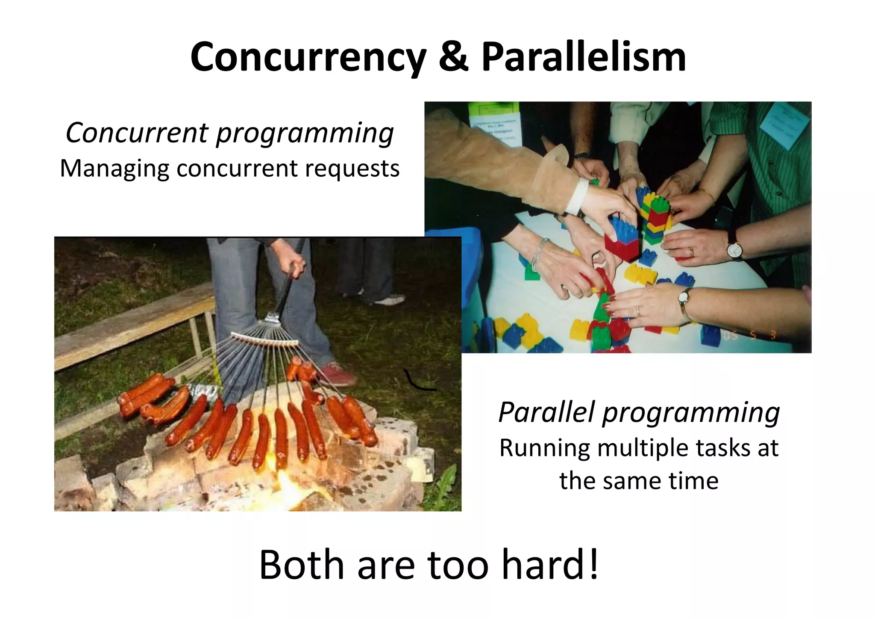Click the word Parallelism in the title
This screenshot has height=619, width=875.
(x=583, y=58)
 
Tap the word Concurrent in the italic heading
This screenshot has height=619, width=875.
(x=137, y=133)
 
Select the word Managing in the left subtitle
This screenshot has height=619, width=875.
(x=114, y=169)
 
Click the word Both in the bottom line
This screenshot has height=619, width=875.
(x=301, y=565)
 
